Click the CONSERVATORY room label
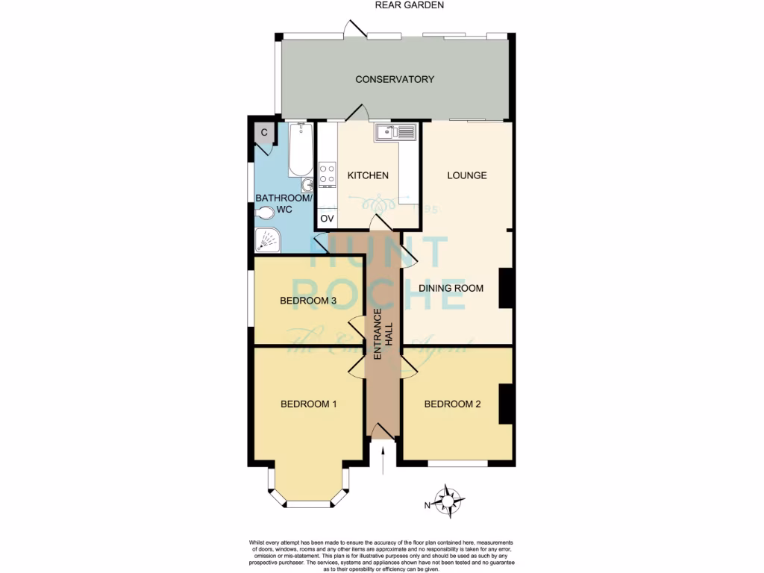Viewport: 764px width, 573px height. (395, 79)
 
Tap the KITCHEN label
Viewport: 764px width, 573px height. (368, 175)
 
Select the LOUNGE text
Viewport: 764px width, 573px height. (466, 175)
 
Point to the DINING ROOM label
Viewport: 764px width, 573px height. (451, 288)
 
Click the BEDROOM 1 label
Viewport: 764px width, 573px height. (308, 404)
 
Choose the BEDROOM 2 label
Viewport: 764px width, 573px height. (452, 404)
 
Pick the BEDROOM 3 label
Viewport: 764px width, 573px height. (308, 301)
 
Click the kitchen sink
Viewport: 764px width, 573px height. (395, 132)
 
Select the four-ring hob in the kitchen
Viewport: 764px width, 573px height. (327, 175)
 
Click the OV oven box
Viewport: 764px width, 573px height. (327, 219)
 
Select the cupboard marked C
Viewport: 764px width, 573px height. (264, 133)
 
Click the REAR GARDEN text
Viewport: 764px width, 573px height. (410, 5)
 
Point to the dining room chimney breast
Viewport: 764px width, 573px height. (505, 288)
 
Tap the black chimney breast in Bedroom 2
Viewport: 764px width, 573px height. (505, 404)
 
